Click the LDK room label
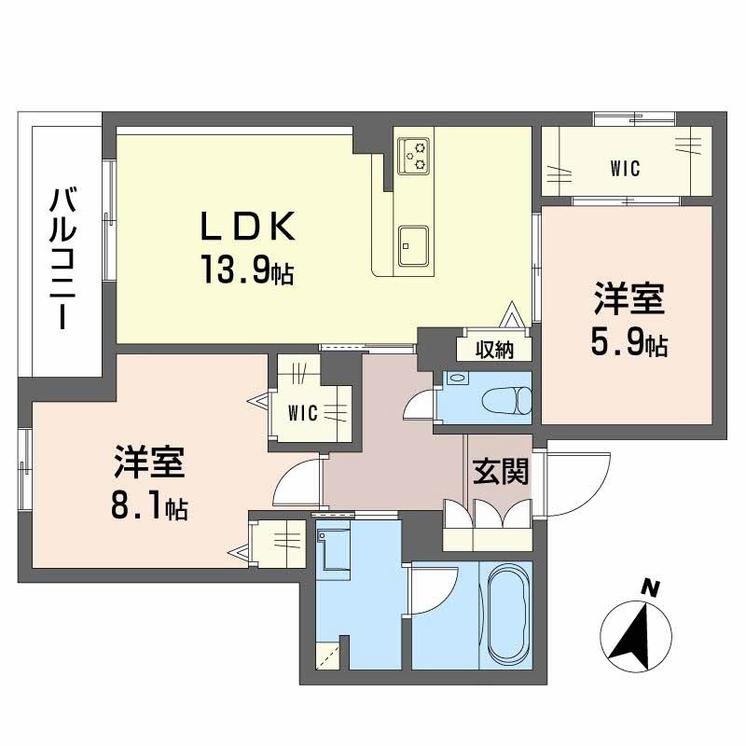pos(249,227)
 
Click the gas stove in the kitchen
pos(414,156)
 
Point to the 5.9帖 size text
pos(628,345)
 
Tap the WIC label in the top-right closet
pos(625,169)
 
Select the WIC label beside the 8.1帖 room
pos(300,413)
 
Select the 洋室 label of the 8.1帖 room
pos(149,463)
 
